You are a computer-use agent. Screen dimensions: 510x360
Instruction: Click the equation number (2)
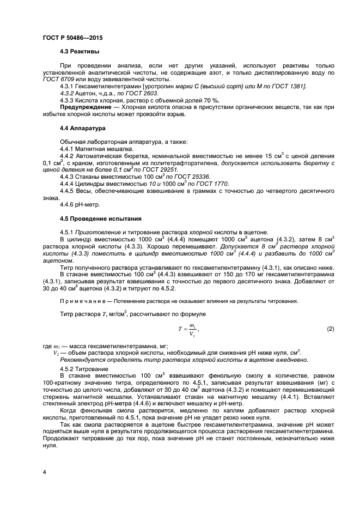click(x=330, y=329)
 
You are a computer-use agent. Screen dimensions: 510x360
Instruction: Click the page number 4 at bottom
click(x=44, y=471)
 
